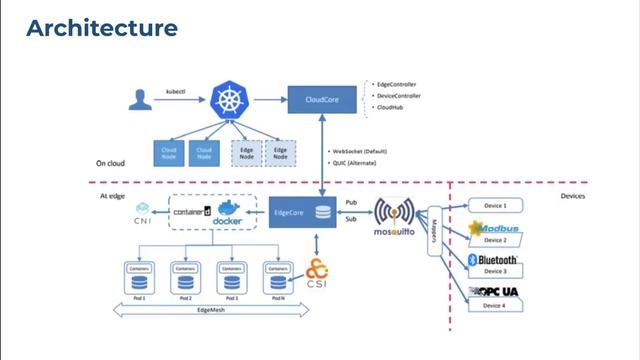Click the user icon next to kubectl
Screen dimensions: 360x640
pos(139,100)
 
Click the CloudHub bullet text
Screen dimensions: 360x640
pos(389,106)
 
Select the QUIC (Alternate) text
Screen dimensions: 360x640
pos(359,161)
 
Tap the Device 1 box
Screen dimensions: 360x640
pos(497,206)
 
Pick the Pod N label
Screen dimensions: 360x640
pos(277,298)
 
